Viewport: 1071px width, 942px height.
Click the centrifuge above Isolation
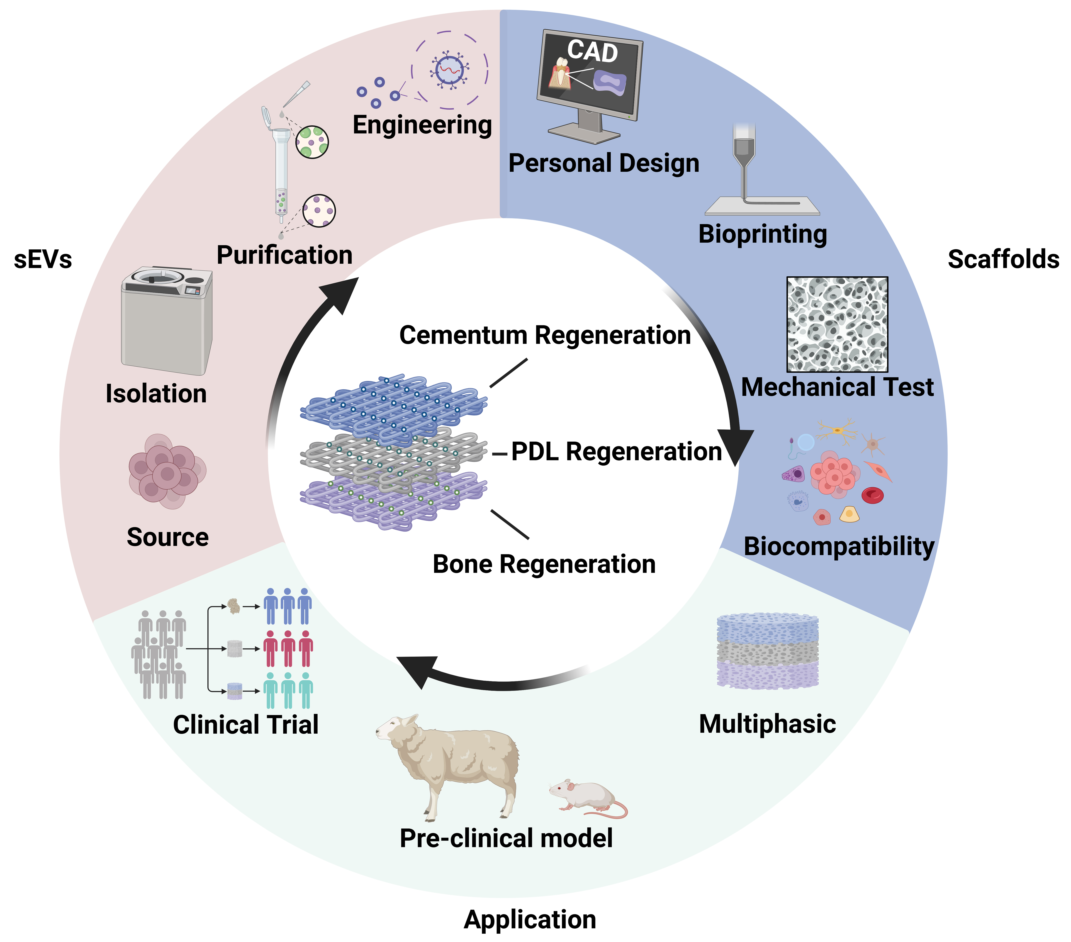coord(167,320)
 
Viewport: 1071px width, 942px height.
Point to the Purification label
coord(285,255)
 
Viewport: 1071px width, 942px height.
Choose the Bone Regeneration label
coord(544,564)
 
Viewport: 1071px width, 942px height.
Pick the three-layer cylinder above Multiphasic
coord(767,651)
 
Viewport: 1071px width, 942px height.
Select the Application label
coord(530,920)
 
